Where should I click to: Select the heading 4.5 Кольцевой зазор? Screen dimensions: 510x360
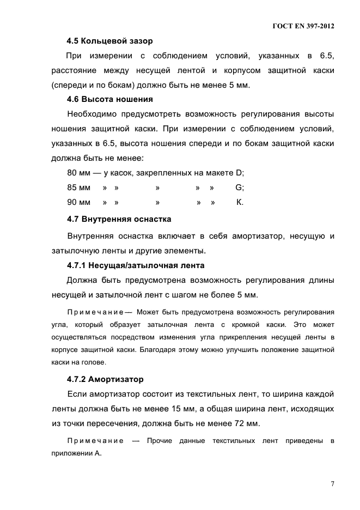(109, 40)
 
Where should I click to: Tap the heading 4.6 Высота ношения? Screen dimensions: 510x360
(109, 99)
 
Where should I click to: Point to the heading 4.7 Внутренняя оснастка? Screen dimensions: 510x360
(119, 219)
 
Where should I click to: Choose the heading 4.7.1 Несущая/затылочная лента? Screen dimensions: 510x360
(135, 265)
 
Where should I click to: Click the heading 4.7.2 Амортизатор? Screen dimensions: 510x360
(105, 379)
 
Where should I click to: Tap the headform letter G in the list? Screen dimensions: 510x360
(239, 188)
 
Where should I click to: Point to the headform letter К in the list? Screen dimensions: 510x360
(239, 203)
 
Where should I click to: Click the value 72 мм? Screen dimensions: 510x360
(245, 423)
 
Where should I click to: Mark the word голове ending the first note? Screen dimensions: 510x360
(94, 362)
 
